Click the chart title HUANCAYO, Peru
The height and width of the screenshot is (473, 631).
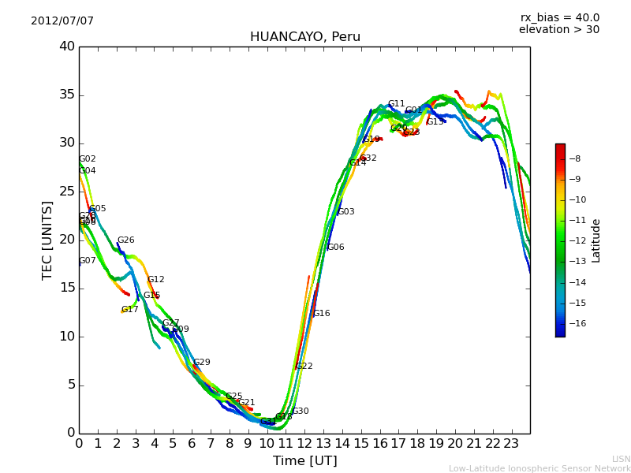tap(305, 37)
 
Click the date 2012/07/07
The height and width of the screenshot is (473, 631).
tap(62, 21)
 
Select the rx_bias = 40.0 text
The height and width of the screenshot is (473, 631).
tap(560, 17)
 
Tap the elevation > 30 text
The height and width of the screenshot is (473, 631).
tap(559, 30)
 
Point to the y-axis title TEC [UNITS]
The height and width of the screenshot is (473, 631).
tap(47, 240)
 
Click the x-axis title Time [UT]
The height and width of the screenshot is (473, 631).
tap(305, 461)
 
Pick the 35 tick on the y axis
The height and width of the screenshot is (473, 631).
tap(68, 95)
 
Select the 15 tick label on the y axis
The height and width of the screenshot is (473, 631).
tap(68, 289)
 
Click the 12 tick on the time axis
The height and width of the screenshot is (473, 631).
tap(304, 444)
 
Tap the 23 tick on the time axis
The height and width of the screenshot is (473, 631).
tap(511, 444)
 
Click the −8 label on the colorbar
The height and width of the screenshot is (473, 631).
tap(576, 158)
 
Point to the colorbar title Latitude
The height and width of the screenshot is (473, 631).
tap(596, 240)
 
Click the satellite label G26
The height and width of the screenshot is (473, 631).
tap(126, 240)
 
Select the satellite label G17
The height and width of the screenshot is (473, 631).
tap(130, 310)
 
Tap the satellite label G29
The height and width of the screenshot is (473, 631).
tap(202, 363)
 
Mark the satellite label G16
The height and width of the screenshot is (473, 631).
tap(322, 314)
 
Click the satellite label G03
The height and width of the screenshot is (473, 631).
tap(346, 212)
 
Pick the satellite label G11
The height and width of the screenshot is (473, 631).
tap(396, 104)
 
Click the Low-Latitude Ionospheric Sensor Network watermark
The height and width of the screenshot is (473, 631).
tap(540, 468)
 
